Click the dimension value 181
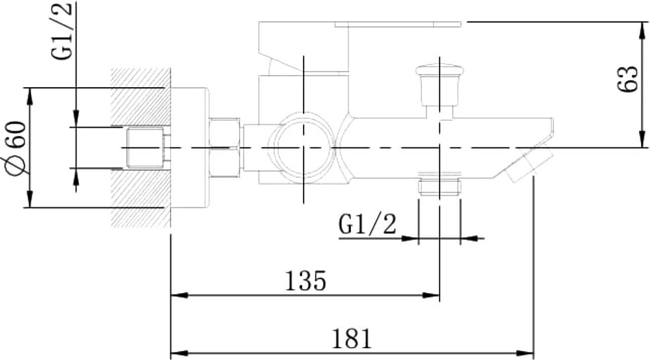[352, 339]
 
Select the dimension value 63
[627, 79]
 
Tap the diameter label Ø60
[16, 148]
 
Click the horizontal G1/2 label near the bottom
[367, 225]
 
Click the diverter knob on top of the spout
[439, 84]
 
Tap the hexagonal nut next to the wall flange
[226, 148]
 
